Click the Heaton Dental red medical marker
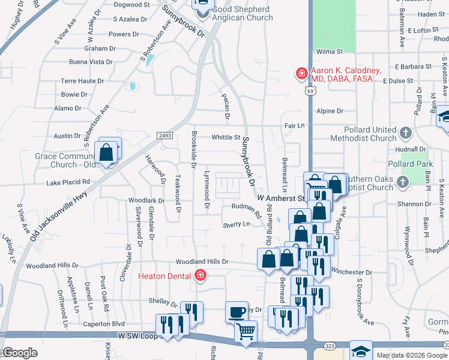[x=200, y=276]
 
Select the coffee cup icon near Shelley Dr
[x=237, y=313]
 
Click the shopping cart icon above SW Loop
[x=246, y=332]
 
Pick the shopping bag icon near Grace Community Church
[x=106, y=154]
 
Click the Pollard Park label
[x=418, y=164]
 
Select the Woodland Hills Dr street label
[x=202, y=262]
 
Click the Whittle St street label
[x=226, y=137]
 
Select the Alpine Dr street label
[x=330, y=111]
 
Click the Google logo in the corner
[x=20, y=353]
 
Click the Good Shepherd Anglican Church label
[x=255, y=13]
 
